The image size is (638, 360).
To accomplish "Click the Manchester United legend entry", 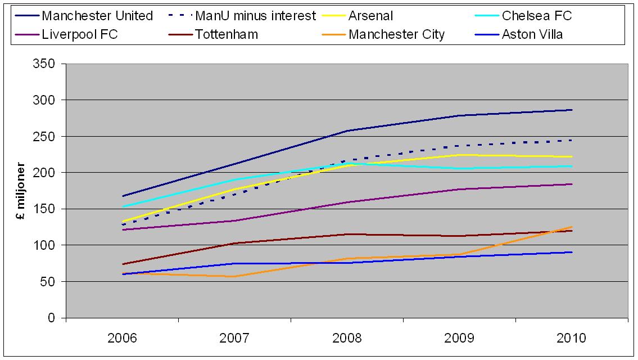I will (97, 16).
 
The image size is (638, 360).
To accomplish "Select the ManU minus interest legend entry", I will (254, 16).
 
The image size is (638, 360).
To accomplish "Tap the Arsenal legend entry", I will (370, 16).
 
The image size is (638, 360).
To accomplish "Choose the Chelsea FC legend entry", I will (537, 16).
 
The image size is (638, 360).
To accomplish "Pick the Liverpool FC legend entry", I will (79, 34).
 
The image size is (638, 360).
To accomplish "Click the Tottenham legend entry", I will (227, 34).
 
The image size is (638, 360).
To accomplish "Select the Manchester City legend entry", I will (396, 34).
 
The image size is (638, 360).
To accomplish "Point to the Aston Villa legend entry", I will (532, 34).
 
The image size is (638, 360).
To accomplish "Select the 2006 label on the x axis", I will (122, 338).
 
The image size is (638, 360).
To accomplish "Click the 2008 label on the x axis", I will (347, 338).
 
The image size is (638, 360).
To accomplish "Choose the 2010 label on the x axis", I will (572, 338).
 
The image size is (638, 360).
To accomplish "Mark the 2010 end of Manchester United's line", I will (572, 110).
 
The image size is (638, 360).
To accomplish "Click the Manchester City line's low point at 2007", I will (234, 276).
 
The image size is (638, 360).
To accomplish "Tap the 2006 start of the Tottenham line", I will (122, 264).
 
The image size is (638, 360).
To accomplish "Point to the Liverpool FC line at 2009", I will (459, 189).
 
